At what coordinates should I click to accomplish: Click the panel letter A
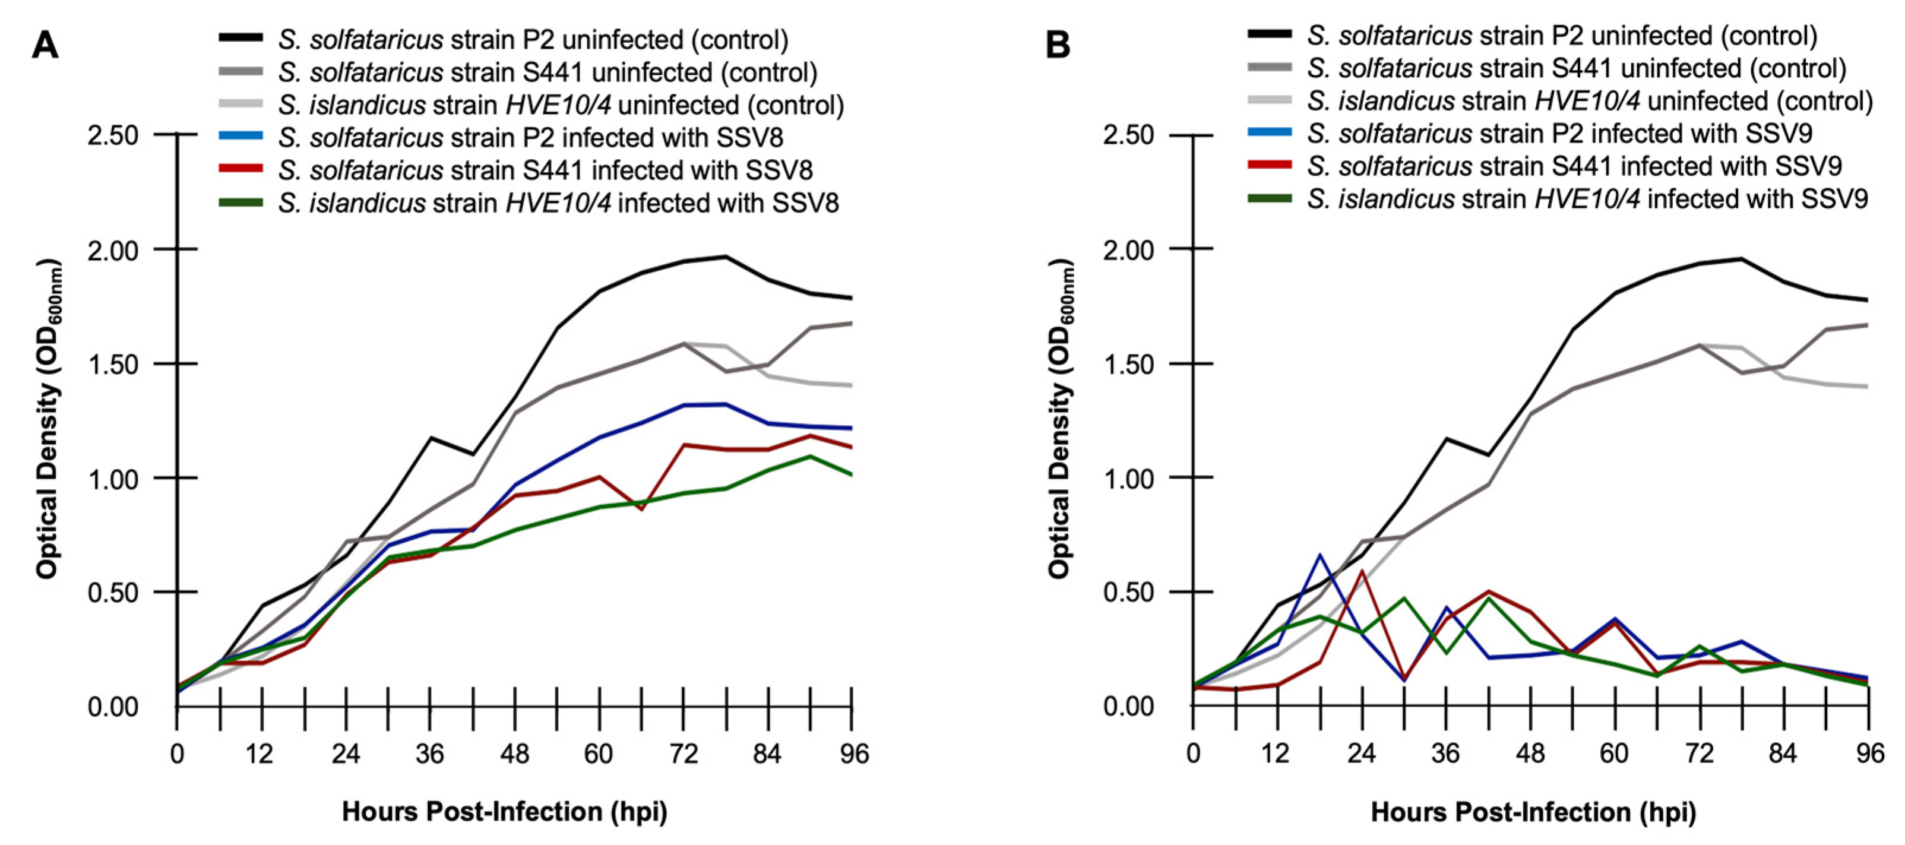pyautogui.click(x=45, y=46)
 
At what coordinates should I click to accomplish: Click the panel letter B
pyautogui.click(x=1058, y=46)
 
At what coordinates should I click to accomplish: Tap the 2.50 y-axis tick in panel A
pyautogui.click(x=112, y=135)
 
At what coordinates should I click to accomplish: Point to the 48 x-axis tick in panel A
pyautogui.click(x=514, y=754)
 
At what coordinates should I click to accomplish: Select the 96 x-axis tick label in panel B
pyautogui.click(x=1870, y=754)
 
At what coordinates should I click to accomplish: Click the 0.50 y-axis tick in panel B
pyautogui.click(x=1128, y=593)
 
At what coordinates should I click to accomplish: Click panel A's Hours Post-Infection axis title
pyautogui.click(x=504, y=812)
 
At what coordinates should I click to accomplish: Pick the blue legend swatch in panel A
pyautogui.click(x=241, y=137)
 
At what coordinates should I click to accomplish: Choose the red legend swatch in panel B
pyautogui.click(x=1269, y=165)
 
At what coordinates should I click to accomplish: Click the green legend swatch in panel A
pyautogui.click(x=241, y=202)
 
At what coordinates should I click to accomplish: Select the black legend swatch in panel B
pyautogui.click(x=1269, y=34)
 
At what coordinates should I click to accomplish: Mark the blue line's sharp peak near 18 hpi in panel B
pyautogui.click(x=1319, y=555)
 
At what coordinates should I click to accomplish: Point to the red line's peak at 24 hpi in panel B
pyautogui.click(x=1362, y=571)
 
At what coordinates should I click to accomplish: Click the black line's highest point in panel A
pyautogui.click(x=726, y=257)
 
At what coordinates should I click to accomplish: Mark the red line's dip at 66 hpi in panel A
pyautogui.click(x=642, y=509)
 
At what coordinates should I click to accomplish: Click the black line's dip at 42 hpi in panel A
pyautogui.click(x=473, y=454)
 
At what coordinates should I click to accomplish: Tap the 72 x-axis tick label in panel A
pyautogui.click(x=683, y=754)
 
